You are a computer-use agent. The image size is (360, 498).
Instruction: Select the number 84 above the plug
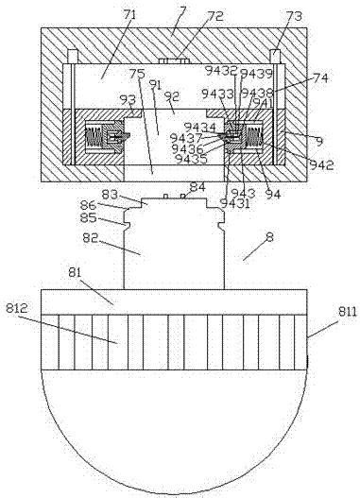click(x=197, y=187)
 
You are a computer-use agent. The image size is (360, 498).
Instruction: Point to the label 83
click(x=111, y=194)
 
